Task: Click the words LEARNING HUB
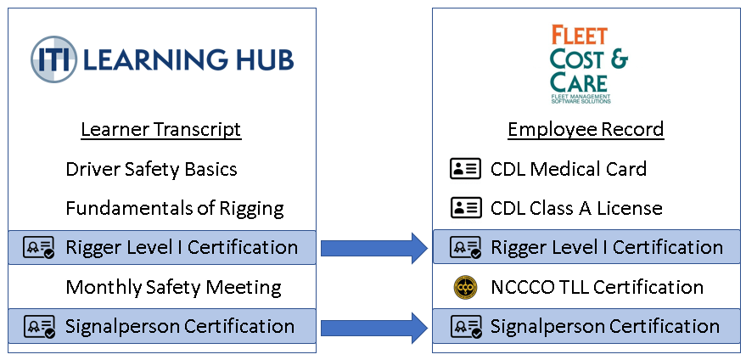pyautogui.click(x=189, y=59)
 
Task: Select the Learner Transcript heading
pyautogui.click(x=161, y=130)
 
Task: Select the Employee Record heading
pyautogui.click(x=586, y=130)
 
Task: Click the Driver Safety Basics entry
pyautogui.click(x=151, y=169)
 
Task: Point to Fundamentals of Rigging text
pyautogui.click(x=175, y=208)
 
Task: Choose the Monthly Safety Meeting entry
pyautogui.click(x=173, y=287)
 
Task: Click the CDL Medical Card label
pyautogui.click(x=569, y=169)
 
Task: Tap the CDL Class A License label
pyautogui.click(x=576, y=208)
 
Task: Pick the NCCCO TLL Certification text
pyautogui.click(x=597, y=287)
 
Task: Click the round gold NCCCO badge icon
pyautogui.click(x=465, y=287)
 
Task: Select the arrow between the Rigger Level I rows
pyautogui.click(x=373, y=248)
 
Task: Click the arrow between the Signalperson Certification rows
pyautogui.click(x=373, y=327)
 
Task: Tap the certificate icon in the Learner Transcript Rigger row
pyautogui.click(x=39, y=248)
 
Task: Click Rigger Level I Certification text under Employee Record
pyautogui.click(x=607, y=248)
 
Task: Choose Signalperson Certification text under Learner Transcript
pyautogui.click(x=180, y=327)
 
